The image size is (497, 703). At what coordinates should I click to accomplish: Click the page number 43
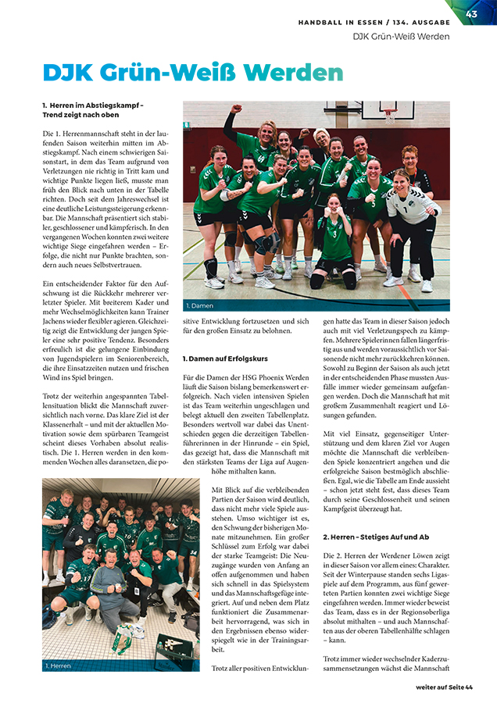pyautogui.click(x=471, y=13)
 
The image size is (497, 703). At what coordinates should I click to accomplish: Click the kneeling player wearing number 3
pyautogui.click(x=336, y=238)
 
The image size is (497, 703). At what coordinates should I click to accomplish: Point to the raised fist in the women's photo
pyautogui.click(x=235, y=110)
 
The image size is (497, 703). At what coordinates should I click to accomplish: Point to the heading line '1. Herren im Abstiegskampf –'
pyautogui.click(x=93, y=105)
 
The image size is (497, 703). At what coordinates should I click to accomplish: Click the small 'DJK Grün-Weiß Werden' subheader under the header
pyautogui.click(x=401, y=37)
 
